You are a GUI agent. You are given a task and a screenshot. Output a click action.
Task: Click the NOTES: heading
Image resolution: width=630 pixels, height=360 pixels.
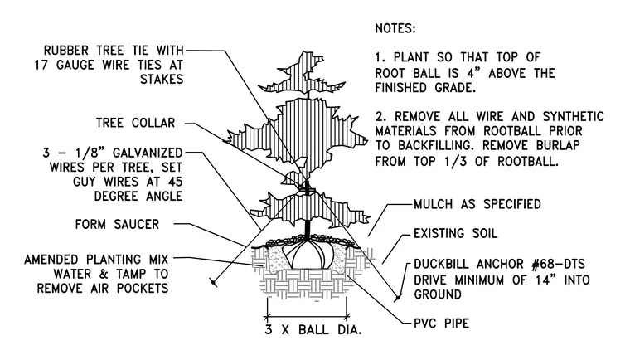(395, 28)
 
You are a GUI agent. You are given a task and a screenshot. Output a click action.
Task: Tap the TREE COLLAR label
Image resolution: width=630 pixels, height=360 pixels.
(135, 123)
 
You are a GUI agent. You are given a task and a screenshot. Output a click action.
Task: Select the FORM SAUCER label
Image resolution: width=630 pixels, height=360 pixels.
(117, 224)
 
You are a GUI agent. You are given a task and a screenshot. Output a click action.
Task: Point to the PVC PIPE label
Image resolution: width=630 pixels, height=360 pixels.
(442, 324)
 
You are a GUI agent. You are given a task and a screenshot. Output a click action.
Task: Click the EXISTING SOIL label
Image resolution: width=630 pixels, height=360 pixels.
(456, 233)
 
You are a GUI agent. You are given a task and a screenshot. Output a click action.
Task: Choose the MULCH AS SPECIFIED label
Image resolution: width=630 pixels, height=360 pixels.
(477, 204)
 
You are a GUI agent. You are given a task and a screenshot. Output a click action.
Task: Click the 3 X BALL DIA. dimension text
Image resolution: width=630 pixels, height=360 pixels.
(313, 330)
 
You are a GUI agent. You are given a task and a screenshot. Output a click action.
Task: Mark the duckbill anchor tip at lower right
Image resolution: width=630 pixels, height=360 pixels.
(398, 298)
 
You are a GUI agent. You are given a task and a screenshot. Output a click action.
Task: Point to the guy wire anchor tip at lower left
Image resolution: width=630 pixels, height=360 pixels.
(213, 282)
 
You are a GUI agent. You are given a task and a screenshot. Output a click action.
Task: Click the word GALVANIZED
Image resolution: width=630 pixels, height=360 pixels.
(148, 153)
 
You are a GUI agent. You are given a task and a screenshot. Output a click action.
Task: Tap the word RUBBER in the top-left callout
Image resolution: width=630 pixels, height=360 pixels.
(65, 51)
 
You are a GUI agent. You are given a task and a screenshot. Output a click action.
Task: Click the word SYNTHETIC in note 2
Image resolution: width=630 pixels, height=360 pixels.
(574, 116)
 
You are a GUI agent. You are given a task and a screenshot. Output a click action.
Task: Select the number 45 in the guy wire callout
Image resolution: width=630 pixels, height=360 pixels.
(175, 182)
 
